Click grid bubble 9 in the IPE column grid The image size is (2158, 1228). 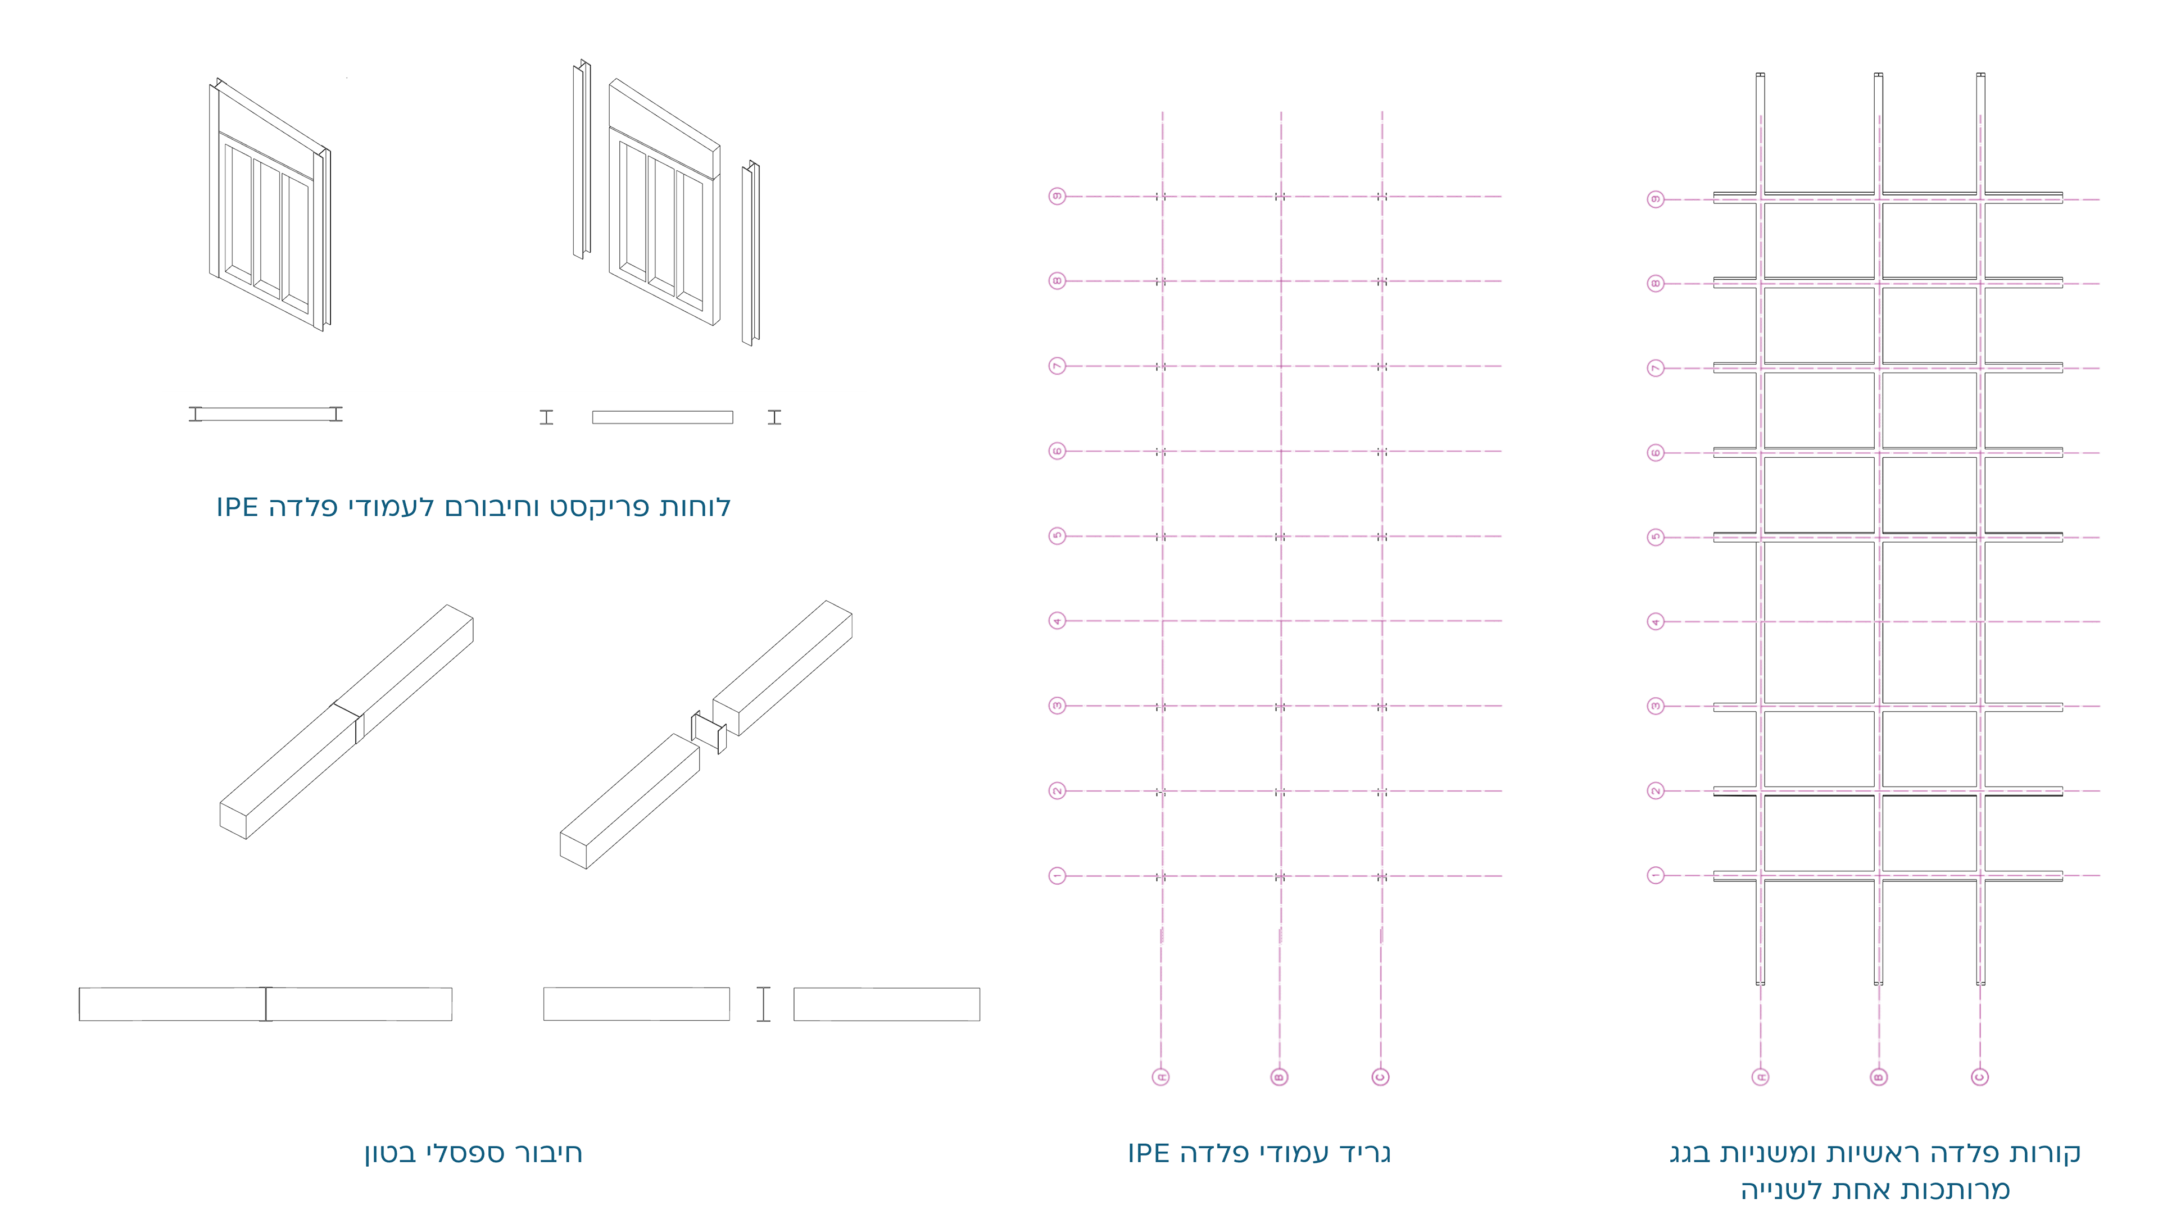click(1056, 195)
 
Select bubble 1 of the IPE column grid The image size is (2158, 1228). click(1056, 875)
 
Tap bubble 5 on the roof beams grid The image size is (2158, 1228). click(1655, 537)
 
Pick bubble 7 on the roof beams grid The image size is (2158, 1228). click(1655, 368)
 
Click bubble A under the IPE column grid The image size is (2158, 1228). click(1161, 1077)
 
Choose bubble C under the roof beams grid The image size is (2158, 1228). click(1980, 1077)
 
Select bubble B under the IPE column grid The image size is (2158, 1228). click(1279, 1077)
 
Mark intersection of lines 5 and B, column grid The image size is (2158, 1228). click(1281, 535)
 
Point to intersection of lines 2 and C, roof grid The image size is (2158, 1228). click(1980, 791)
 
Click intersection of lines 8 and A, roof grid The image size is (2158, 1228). click(1761, 283)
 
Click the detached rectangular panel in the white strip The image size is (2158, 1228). click(662, 417)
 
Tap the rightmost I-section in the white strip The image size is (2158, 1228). click(774, 417)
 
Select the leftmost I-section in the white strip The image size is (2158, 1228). click(196, 413)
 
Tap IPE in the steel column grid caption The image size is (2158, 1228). click(1149, 1153)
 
